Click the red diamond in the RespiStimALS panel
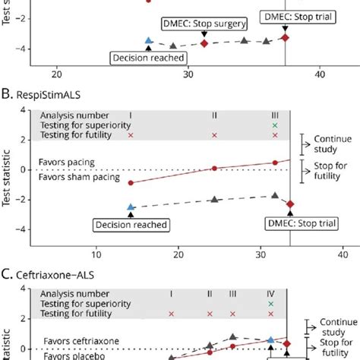289,204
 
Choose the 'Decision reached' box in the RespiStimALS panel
130,224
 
